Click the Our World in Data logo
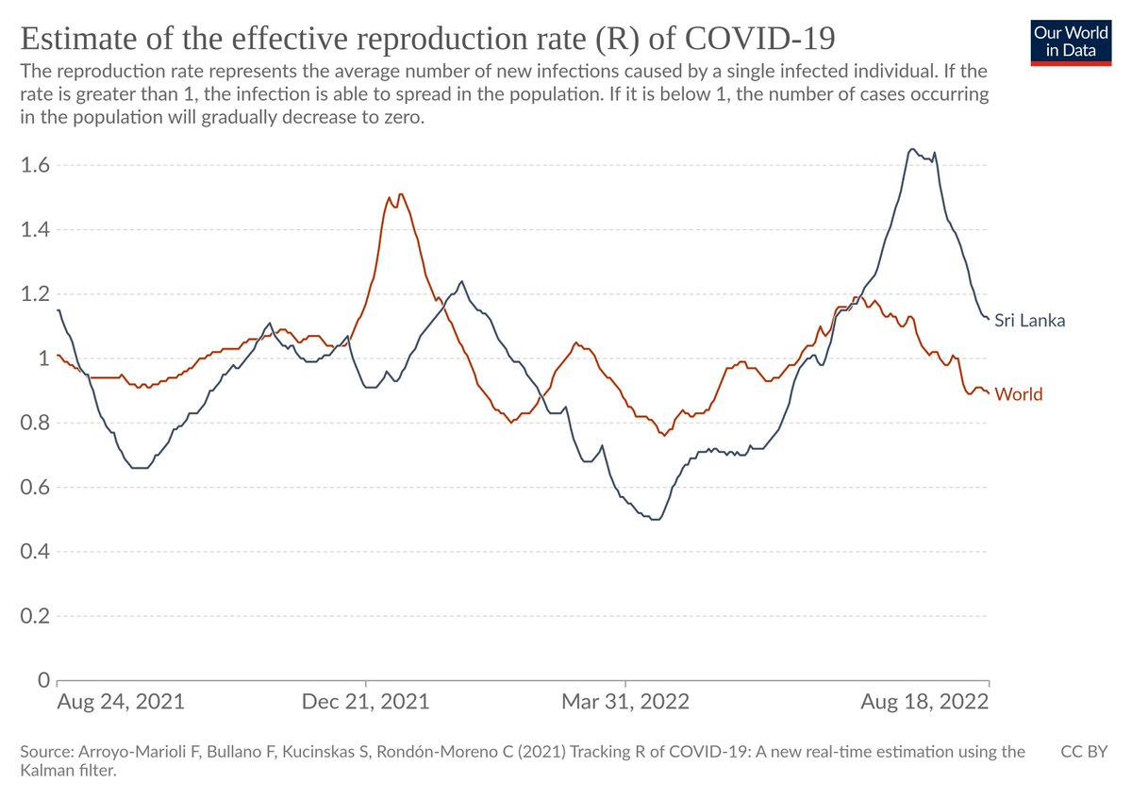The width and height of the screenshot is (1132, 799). [x=1071, y=41]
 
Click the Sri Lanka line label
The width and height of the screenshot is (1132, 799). [x=1029, y=321]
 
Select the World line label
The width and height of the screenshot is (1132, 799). [x=1018, y=394]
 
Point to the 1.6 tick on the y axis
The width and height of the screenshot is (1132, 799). [x=35, y=165]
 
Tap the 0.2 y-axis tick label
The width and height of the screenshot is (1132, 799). [x=35, y=616]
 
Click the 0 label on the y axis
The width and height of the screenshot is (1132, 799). [x=43, y=680]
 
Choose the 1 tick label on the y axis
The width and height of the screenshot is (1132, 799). [x=43, y=358]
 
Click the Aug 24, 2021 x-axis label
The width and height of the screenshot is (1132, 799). [x=121, y=703]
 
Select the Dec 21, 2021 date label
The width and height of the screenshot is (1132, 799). [x=366, y=703]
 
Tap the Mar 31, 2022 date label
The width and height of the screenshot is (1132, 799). [x=625, y=703]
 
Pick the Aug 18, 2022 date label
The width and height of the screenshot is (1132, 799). [x=925, y=703]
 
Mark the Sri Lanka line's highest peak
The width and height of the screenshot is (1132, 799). [x=911, y=148]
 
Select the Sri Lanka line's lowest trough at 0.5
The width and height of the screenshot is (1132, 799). [x=655, y=519]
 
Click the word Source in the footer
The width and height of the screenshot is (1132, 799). [x=45, y=752]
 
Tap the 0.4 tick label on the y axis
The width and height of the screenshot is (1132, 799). [x=35, y=552]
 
